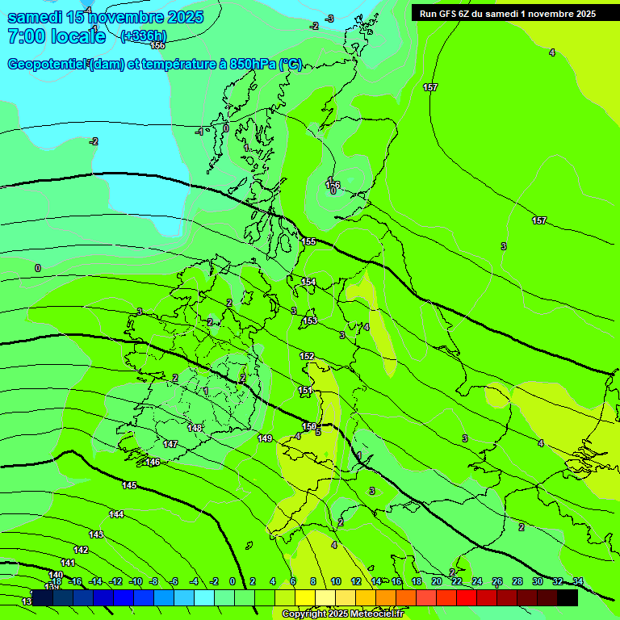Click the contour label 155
(x=308, y=241)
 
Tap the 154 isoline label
(x=308, y=282)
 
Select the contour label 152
(x=307, y=356)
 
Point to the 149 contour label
(x=265, y=438)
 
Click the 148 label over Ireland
(x=195, y=429)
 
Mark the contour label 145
(x=129, y=485)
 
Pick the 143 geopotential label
(x=96, y=534)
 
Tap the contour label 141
(x=68, y=563)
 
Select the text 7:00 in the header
(x=25, y=36)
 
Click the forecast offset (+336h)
(x=143, y=36)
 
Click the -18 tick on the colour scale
(x=55, y=581)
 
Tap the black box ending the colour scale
(x=568, y=597)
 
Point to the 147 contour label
(x=170, y=445)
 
